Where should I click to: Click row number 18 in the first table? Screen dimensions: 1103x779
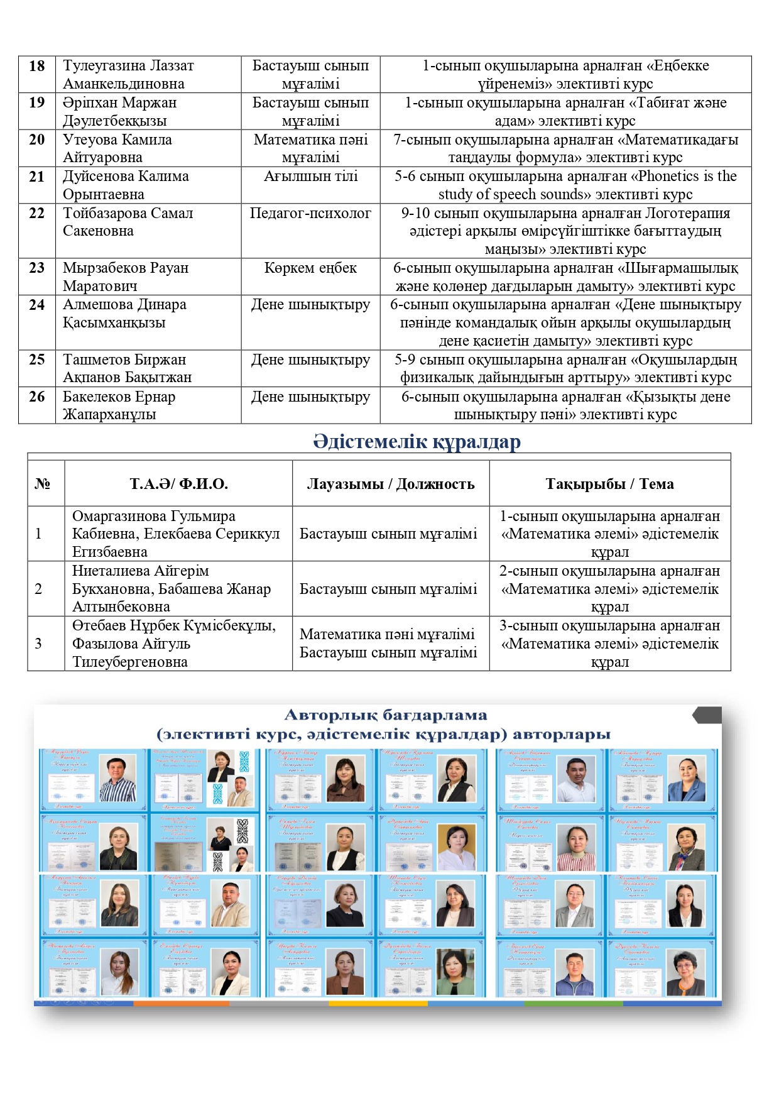tap(37, 66)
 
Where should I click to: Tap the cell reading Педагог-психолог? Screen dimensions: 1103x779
tap(310, 213)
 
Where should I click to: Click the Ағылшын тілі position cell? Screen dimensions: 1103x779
tap(310, 177)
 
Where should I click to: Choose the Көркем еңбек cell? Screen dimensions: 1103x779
tap(310, 268)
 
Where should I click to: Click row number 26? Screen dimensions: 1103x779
tap(37, 397)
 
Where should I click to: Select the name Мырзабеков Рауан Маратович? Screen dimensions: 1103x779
tap(125, 277)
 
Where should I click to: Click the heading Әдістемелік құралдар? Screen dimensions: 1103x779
tap(417, 442)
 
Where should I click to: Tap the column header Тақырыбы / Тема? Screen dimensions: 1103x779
tap(609, 484)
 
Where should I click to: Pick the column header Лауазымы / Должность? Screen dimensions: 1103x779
tap(390, 484)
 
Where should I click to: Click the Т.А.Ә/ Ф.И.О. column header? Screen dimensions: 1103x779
tap(178, 484)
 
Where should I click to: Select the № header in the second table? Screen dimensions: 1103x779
tap(43, 484)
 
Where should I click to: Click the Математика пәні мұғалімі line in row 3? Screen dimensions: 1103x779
tap(387, 635)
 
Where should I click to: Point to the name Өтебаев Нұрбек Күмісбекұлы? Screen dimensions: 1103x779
tap(173, 626)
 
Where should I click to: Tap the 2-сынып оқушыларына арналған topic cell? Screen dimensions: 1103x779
tap(609, 589)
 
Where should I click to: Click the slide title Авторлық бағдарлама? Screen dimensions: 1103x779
tap(385, 715)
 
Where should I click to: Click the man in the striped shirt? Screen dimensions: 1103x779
tap(118, 780)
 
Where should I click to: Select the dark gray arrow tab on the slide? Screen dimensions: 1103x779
tap(707, 715)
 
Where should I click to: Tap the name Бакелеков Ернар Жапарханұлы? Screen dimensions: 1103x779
tap(119, 405)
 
